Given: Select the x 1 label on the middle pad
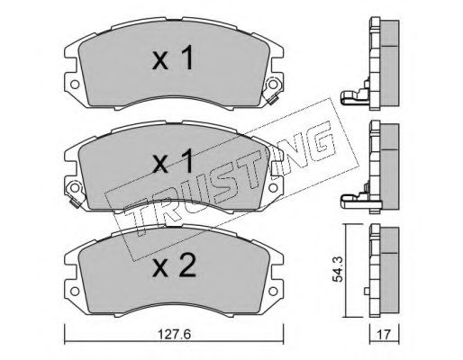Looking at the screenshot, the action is pos(173,161).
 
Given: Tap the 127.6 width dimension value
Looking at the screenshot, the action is pos(174,334).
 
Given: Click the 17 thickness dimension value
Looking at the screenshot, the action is pos(385,335).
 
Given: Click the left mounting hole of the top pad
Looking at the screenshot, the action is pos(75,85).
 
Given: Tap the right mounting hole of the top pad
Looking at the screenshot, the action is pos(273,85).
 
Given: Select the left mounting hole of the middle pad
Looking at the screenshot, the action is pos(75,188).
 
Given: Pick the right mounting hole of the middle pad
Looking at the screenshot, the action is pos(273,188).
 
